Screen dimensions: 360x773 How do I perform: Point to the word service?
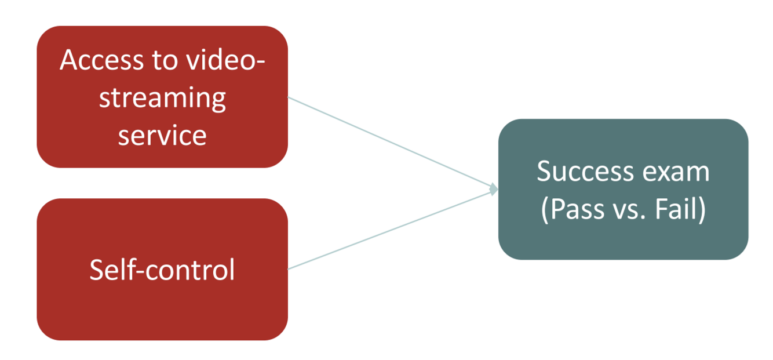pyautogui.click(x=162, y=135)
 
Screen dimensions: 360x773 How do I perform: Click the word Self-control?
pyautogui.click(x=162, y=270)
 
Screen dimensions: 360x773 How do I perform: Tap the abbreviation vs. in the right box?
pyautogui.click(x=628, y=210)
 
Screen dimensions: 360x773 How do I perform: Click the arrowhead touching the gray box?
pyautogui.click(x=494, y=190)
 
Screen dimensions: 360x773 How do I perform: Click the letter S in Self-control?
pyautogui.click(x=96, y=270)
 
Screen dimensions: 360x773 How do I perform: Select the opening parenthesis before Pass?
pyautogui.click(x=545, y=210)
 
